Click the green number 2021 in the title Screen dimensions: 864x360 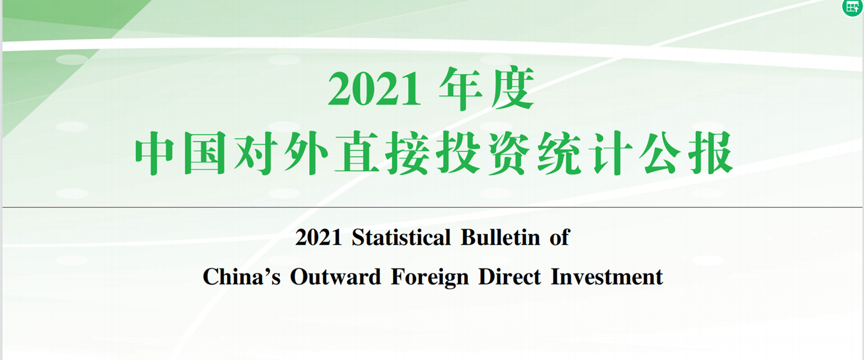click(374, 89)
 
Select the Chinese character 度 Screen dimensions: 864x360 click(513, 88)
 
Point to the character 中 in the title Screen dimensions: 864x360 click(154, 153)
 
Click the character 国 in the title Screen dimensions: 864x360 click(205, 153)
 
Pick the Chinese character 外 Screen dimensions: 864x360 click(306, 153)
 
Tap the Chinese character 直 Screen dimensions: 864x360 click(356, 153)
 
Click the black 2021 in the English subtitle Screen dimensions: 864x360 click(319, 238)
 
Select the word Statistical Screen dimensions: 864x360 click(401, 237)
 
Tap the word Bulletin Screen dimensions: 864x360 click(500, 237)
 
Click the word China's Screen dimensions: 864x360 click(242, 276)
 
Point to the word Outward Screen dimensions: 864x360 click(335, 276)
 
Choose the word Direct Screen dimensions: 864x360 click(509, 276)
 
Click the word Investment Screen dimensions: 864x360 click(607, 276)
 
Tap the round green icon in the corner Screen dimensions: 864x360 click(852, 7)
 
